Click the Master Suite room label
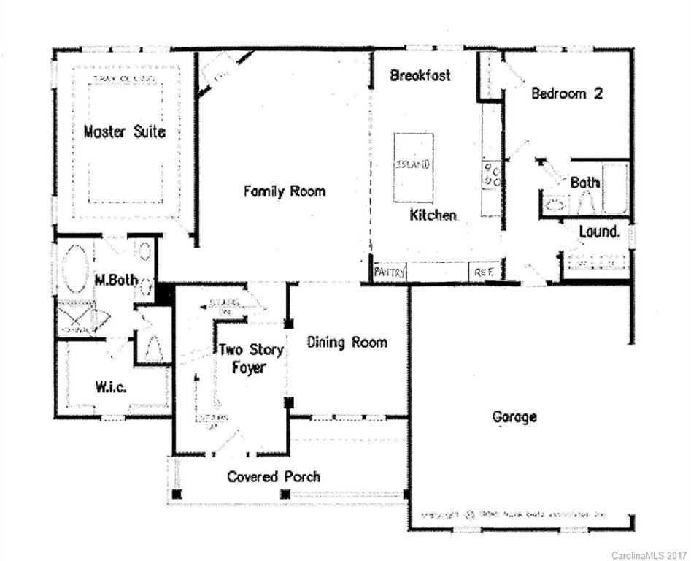click(x=124, y=132)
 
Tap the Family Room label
click(x=285, y=191)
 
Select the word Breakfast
click(x=420, y=75)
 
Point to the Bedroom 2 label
click(x=566, y=93)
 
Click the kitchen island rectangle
click(x=413, y=167)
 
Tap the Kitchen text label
click(x=433, y=215)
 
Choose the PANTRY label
click(x=389, y=272)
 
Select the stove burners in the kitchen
click(x=491, y=176)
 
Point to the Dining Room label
click(x=347, y=342)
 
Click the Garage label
click(x=514, y=417)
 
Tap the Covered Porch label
click(x=273, y=477)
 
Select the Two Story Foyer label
click(x=250, y=359)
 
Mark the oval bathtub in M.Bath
click(x=74, y=268)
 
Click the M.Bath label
click(x=112, y=280)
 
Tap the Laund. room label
click(x=599, y=232)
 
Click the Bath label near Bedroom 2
click(x=584, y=182)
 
